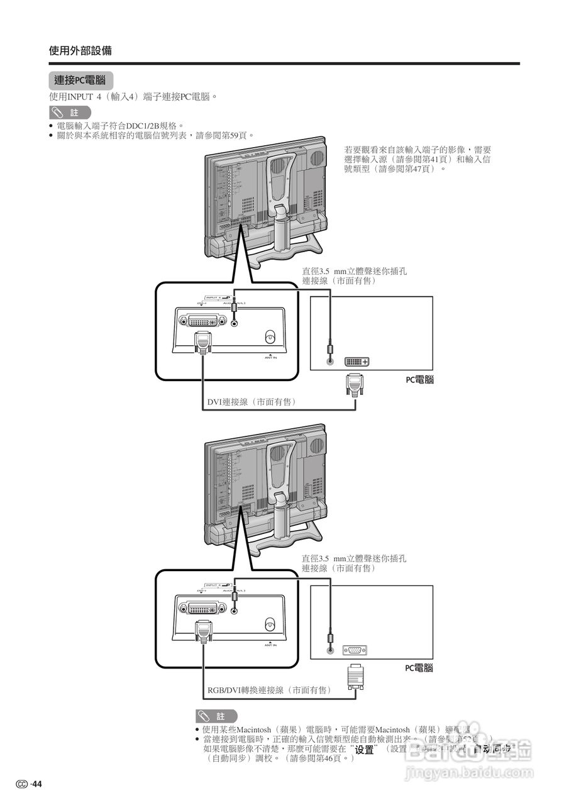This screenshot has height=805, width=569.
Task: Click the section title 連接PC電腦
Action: (80, 80)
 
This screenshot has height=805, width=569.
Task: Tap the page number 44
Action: (37, 784)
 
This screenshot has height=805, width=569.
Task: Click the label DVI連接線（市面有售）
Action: (251, 401)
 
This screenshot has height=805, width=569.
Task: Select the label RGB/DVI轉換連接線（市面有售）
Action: (269, 690)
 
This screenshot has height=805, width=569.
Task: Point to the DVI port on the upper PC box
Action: (356, 362)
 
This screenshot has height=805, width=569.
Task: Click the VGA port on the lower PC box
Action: (355, 650)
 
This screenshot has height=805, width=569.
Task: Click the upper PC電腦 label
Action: (419, 380)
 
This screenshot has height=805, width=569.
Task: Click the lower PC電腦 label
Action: (419, 668)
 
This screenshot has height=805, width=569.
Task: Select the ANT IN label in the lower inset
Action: (270, 645)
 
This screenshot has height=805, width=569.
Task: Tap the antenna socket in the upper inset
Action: (270, 336)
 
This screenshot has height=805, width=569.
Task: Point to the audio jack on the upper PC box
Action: (329, 360)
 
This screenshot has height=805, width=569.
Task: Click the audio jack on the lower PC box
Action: (329, 650)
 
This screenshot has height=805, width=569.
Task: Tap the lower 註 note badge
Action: (216, 716)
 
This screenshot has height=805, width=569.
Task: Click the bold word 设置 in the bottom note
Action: (365, 750)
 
